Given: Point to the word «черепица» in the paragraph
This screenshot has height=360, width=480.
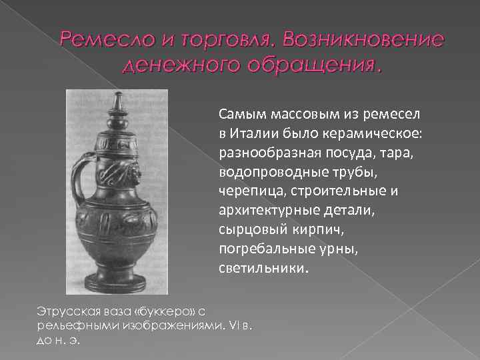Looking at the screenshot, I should click(248, 192).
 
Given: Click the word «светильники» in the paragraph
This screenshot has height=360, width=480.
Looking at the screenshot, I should click(261, 269).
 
